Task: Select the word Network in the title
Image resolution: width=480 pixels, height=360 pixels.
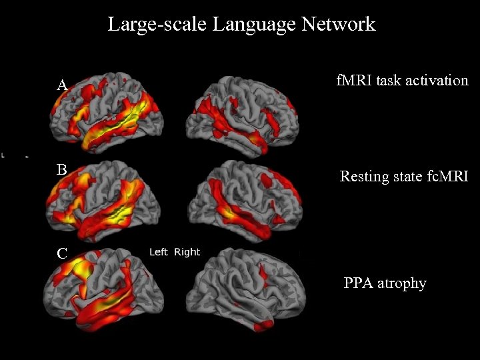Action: [x=338, y=25]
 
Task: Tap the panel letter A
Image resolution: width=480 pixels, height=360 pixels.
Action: [x=62, y=85]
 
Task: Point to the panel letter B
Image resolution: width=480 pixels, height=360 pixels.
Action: [x=61, y=170]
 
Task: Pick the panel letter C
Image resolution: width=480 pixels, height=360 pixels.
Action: [x=62, y=254]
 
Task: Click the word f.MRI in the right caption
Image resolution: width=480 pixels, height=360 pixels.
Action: [x=354, y=81]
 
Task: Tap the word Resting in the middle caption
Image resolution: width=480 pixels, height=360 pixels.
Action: [x=363, y=177]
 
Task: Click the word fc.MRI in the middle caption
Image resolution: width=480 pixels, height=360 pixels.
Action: [x=443, y=177]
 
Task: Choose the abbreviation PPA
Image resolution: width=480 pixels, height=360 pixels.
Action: [x=359, y=283]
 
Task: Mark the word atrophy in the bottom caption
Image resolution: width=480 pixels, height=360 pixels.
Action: [x=402, y=284]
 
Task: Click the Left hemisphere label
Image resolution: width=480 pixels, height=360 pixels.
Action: [x=159, y=252]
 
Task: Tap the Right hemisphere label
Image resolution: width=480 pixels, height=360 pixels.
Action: [x=187, y=252]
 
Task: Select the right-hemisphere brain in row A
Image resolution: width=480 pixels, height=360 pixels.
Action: [x=246, y=113]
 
